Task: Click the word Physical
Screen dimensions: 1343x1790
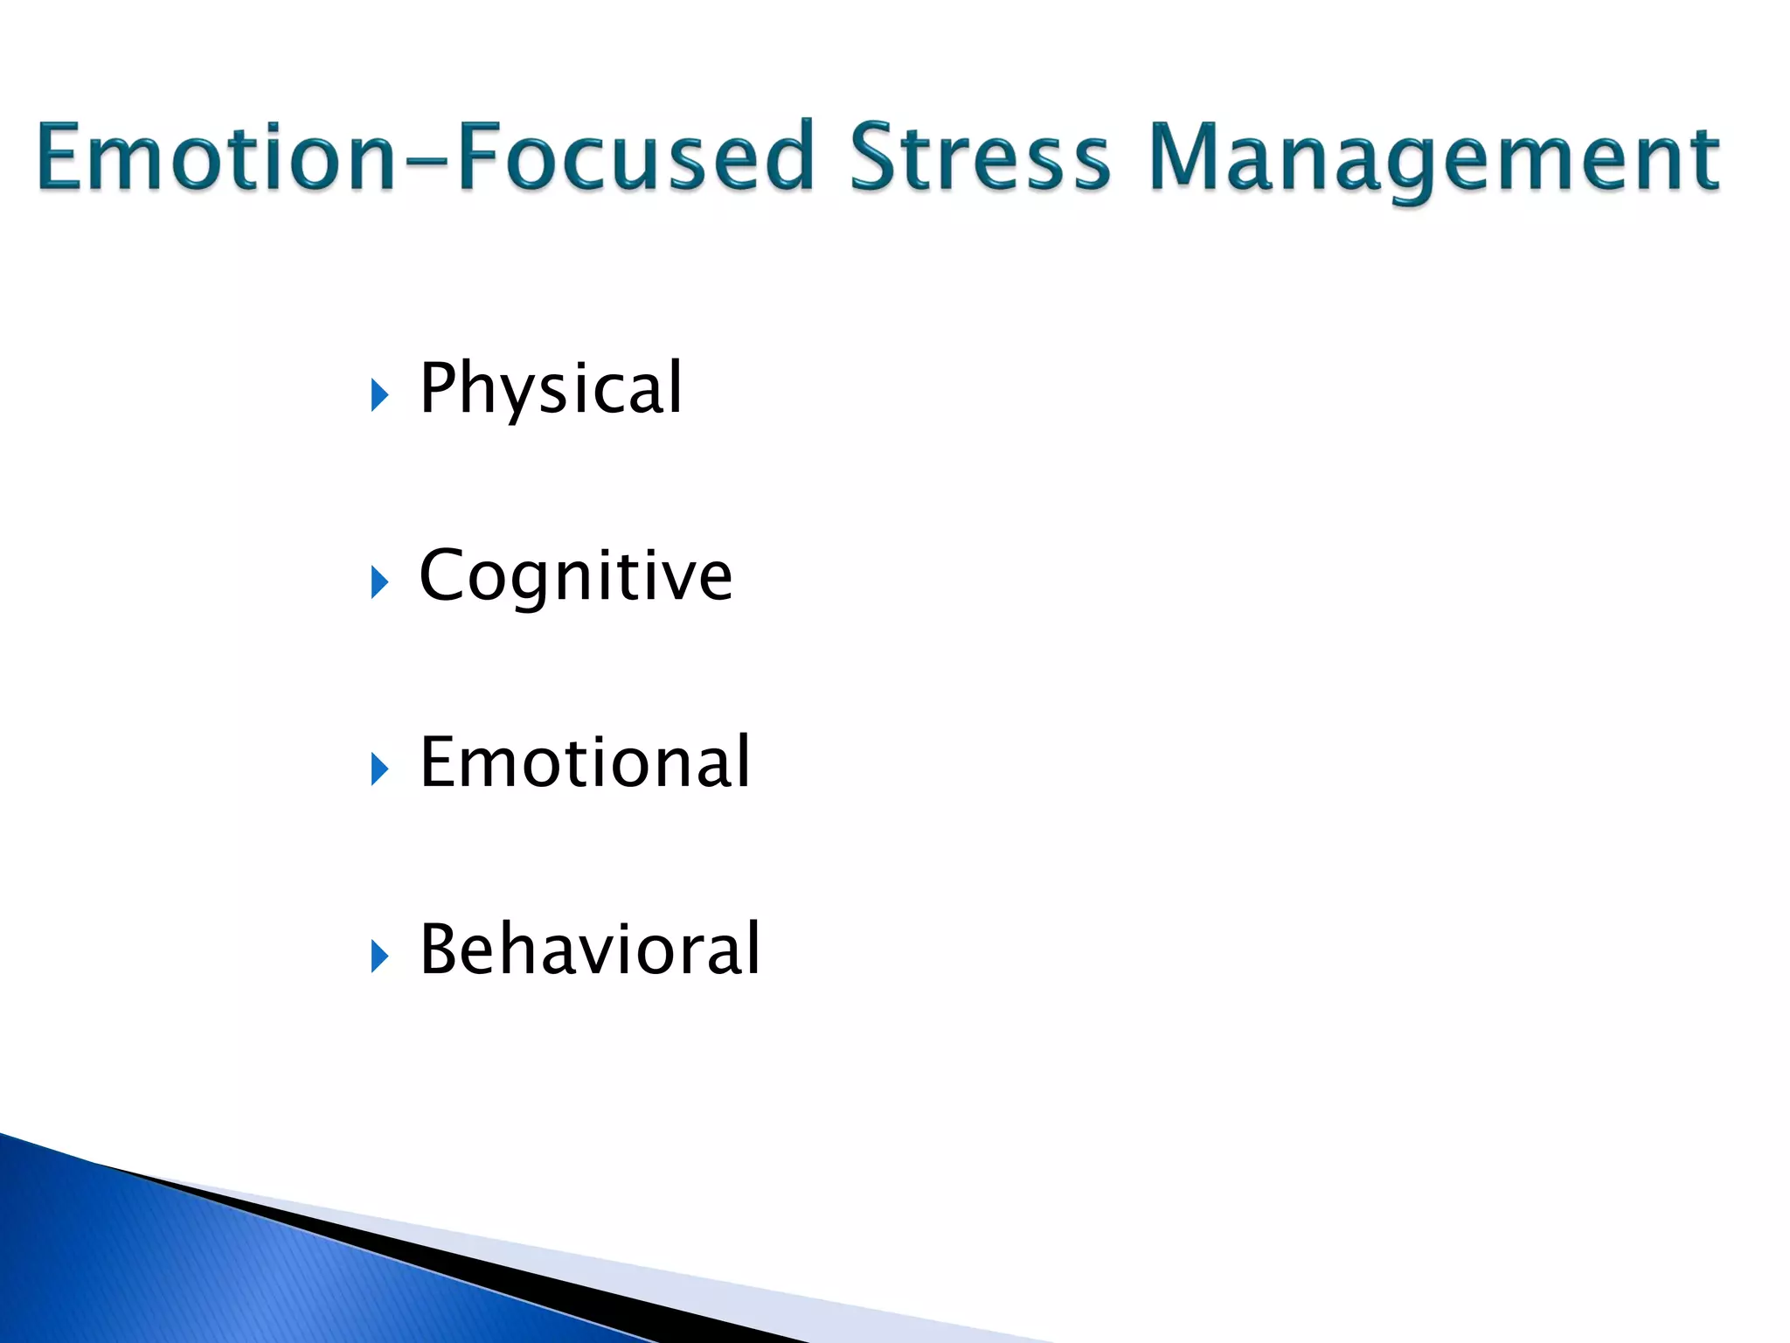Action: tap(551, 389)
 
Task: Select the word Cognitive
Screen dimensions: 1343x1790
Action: tap(575, 577)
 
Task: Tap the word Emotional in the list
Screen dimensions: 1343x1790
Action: tap(584, 763)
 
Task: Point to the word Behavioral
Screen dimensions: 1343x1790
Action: tap(590, 950)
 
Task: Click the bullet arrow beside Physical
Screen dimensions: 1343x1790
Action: tap(378, 395)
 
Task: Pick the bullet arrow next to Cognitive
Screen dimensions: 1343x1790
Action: tap(378, 582)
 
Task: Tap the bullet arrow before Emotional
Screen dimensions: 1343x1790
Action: tap(378, 769)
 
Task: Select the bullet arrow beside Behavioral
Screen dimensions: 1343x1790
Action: tap(378, 957)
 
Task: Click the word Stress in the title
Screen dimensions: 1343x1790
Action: tap(979, 157)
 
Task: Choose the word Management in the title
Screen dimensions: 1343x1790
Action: tap(1433, 159)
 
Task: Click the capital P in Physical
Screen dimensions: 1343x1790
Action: tap(438, 387)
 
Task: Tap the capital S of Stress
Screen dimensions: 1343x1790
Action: tap(878, 157)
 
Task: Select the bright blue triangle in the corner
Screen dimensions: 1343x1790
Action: tap(219, 1268)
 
